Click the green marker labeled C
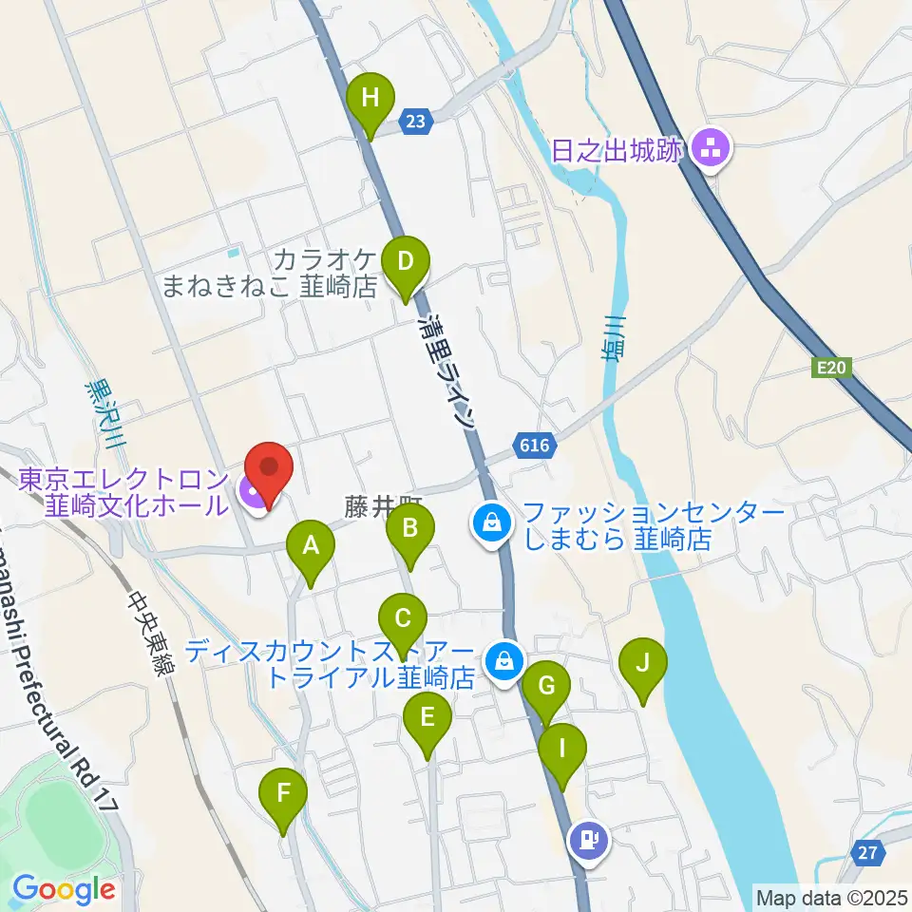402,622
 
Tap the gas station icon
589,840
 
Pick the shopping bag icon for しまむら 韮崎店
493,521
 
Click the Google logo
64,890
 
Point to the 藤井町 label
380,506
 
